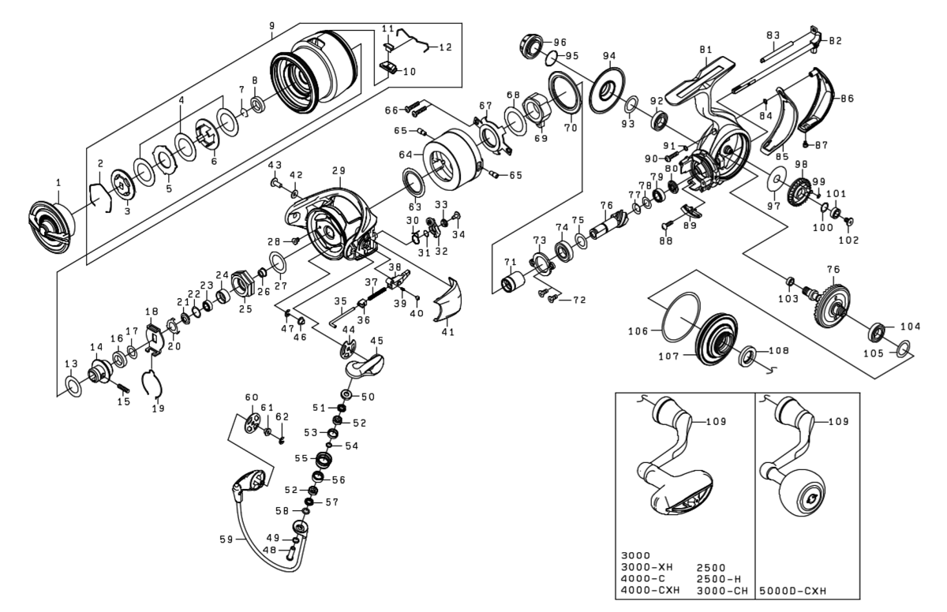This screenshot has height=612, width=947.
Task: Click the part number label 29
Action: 338,170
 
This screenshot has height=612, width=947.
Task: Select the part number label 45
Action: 376,340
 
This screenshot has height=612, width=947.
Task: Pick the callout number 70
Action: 570,126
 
